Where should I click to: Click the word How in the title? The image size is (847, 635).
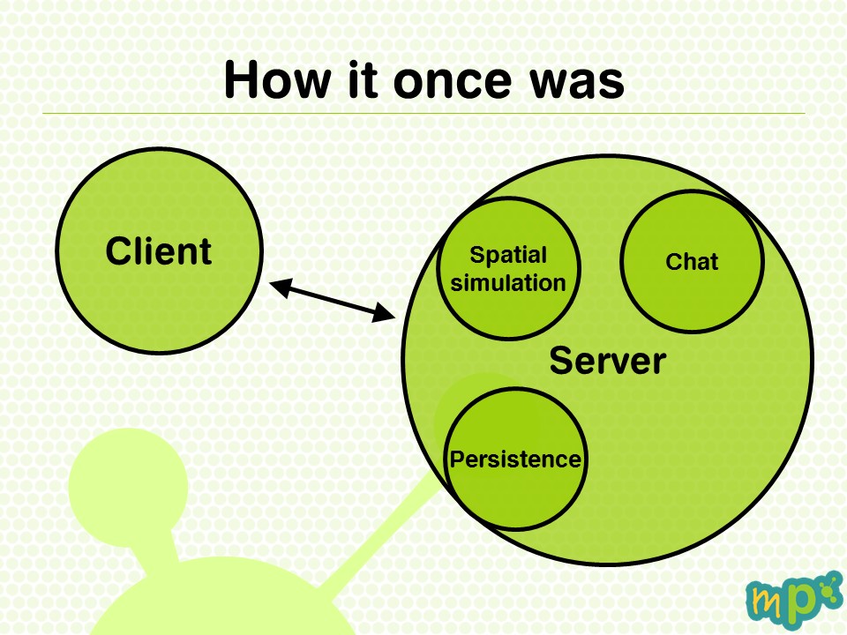(x=277, y=79)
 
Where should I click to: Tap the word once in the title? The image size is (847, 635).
(x=452, y=81)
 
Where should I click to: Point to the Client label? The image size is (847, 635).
(x=158, y=251)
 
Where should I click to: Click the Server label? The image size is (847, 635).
(x=608, y=361)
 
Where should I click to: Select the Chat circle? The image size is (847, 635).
(x=692, y=261)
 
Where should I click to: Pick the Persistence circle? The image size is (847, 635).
(x=515, y=459)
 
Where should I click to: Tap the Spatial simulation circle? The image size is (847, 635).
(x=508, y=268)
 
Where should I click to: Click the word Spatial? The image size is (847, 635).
(x=508, y=255)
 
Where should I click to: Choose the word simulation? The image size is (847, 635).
(x=508, y=283)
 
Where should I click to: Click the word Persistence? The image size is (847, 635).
(x=515, y=459)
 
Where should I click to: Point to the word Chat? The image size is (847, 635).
(x=692, y=261)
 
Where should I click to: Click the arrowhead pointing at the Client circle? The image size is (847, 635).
(x=280, y=287)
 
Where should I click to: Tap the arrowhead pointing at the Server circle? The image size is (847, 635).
(x=385, y=314)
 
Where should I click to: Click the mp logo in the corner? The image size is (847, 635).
(x=794, y=600)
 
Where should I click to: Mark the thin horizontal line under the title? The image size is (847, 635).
(x=423, y=114)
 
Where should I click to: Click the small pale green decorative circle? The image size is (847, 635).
(x=129, y=486)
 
